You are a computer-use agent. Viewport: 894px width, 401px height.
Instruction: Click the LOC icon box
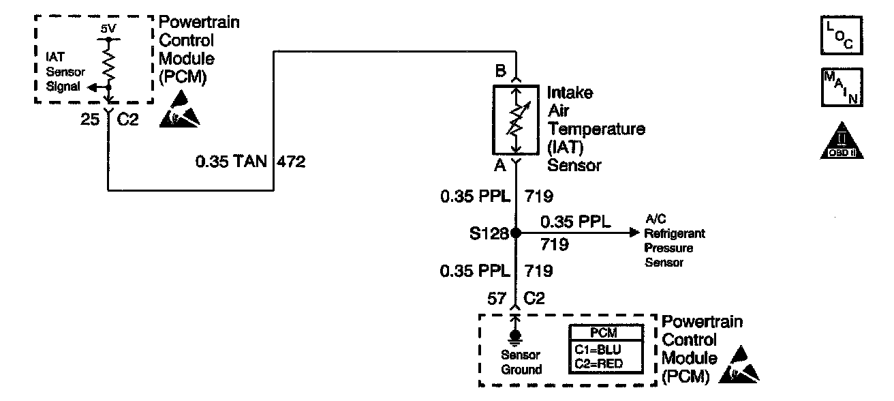(842, 35)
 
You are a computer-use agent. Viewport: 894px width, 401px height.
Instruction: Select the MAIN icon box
(842, 87)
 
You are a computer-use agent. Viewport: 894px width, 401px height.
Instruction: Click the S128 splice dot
(516, 233)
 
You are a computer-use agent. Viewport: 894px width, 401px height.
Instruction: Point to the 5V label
(108, 29)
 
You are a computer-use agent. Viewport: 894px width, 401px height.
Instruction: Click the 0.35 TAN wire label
(231, 162)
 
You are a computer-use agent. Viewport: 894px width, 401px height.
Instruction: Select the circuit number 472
(292, 162)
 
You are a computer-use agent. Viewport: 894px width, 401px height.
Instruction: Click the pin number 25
(90, 119)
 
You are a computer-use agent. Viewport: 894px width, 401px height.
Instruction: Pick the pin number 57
(497, 298)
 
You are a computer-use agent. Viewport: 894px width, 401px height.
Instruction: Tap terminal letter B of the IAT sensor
(500, 71)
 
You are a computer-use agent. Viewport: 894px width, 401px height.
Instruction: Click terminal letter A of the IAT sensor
(499, 165)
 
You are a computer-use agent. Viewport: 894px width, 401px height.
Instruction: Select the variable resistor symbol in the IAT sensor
(517, 120)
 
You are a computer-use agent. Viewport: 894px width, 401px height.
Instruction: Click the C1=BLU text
(598, 350)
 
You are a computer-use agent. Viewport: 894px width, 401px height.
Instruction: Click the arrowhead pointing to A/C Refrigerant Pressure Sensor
(634, 233)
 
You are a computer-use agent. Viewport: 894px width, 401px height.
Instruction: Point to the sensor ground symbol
(515, 338)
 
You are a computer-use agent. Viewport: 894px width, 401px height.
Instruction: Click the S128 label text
(489, 233)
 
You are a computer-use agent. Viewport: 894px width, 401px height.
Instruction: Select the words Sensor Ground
(521, 362)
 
